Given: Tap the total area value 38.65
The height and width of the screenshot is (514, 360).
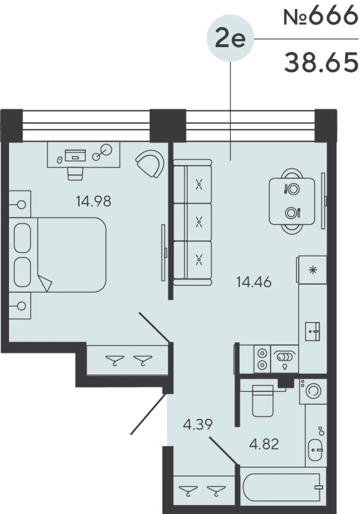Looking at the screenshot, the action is click(321, 62).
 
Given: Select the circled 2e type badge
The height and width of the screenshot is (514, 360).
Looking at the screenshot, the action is click(230, 39).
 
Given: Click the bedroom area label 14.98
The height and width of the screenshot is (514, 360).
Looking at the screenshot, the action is click(93, 201).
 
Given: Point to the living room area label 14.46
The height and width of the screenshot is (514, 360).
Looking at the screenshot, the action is click(254, 282).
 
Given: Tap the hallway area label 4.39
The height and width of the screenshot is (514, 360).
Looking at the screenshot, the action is click(198, 425).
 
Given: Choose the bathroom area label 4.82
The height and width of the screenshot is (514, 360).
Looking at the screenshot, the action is click(264, 444).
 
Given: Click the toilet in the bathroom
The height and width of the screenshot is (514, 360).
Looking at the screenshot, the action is click(263, 400).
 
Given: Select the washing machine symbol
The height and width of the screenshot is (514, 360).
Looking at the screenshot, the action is click(313, 391).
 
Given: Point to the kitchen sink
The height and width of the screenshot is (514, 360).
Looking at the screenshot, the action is click(312, 332).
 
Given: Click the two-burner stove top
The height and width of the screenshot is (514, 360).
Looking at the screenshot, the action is click(262, 359).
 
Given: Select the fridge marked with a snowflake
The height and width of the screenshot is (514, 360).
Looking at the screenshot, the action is click(313, 270).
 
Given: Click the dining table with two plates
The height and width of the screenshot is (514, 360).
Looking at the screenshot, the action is click(292, 201).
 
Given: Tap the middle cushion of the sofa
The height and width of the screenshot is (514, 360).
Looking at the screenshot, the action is click(193, 222).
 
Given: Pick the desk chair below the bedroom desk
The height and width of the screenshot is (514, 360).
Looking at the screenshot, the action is click(75, 173).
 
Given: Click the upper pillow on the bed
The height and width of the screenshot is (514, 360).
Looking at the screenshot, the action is click(22, 238).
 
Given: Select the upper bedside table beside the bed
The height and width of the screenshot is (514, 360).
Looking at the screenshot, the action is click(20, 204).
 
